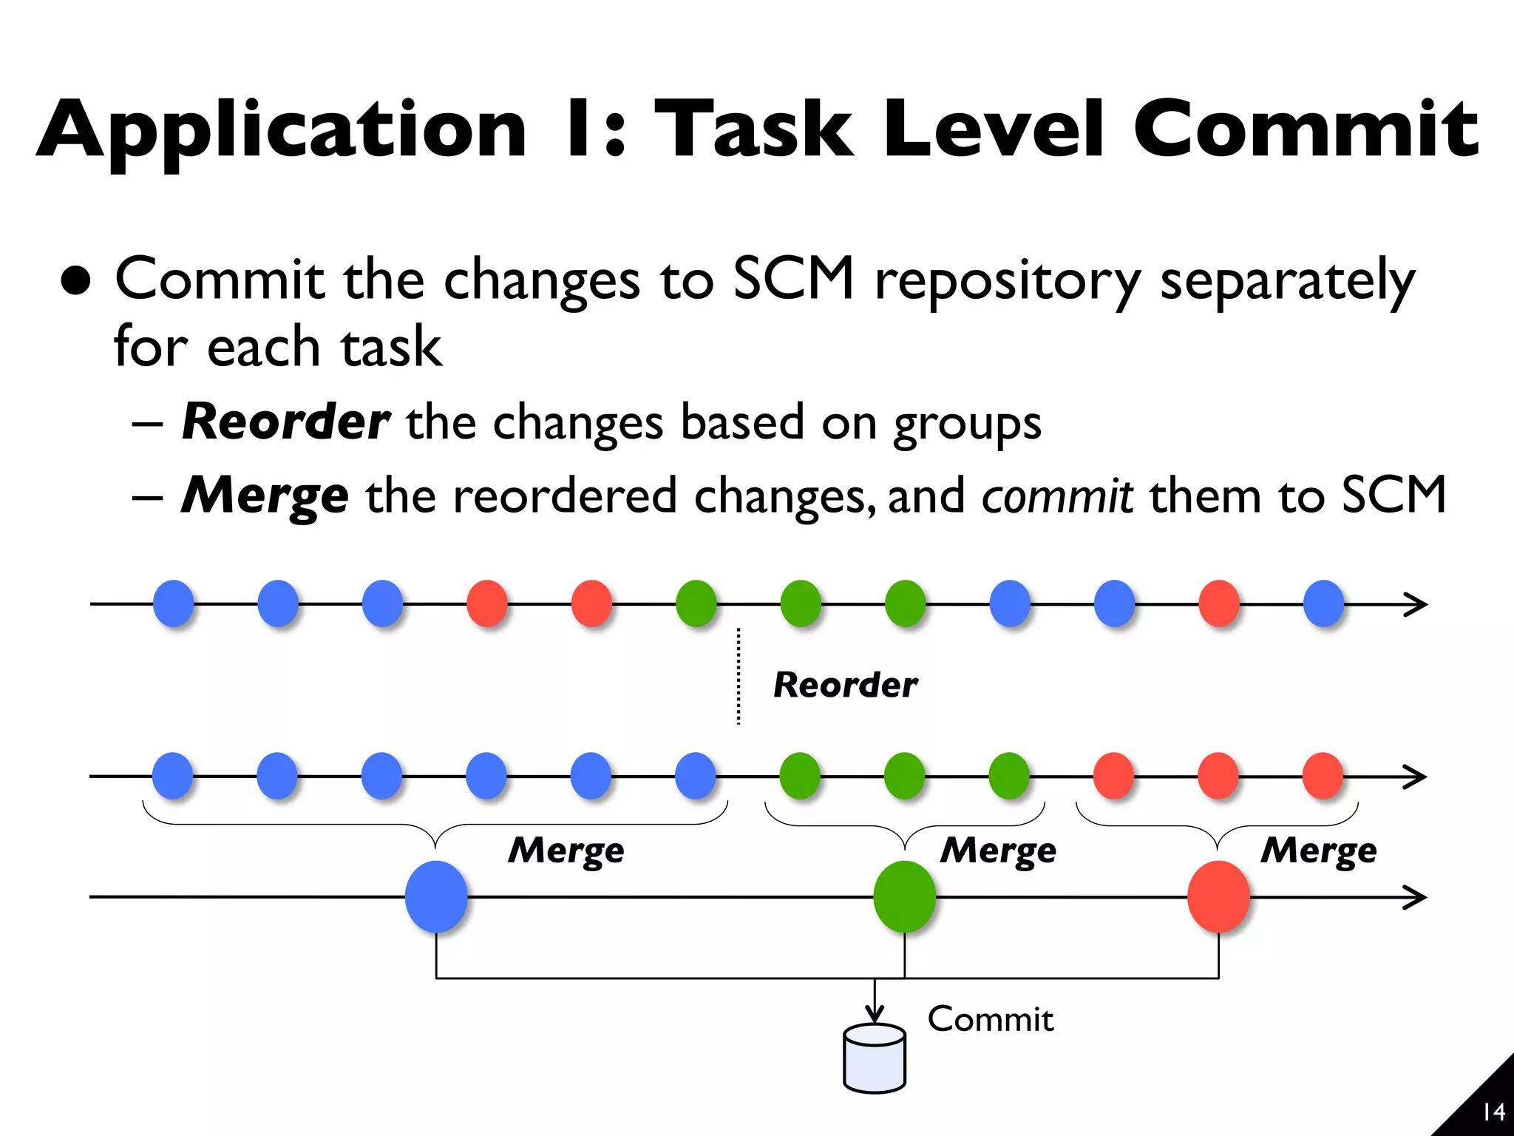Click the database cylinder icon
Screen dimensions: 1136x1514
(x=875, y=1058)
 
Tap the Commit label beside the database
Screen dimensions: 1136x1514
(x=990, y=1019)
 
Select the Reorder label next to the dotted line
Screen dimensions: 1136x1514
(x=845, y=685)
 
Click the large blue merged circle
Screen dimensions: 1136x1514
(x=436, y=897)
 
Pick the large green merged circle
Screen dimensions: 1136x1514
(x=904, y=897)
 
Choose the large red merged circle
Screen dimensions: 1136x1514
(x=1218, y=897)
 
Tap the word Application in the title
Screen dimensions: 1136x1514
(x=281, y=132)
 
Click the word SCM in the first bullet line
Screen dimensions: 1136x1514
(x=793, y=279)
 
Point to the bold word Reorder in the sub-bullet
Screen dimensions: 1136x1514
(x=285, y=422)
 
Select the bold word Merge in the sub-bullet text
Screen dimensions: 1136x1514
(x=265, y=496)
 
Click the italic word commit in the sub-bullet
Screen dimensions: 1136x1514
(x=1057, y=496)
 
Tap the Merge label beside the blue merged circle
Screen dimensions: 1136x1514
(x=566, y=850)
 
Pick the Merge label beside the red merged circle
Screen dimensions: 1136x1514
(x=1319, y=850)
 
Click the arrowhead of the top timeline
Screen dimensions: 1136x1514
(x=1416, y=604)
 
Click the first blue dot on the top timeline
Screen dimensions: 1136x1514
(x=174, y=603)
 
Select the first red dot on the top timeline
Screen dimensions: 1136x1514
(x=487, y=603)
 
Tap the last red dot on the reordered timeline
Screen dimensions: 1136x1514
(x=1323, y=776)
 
